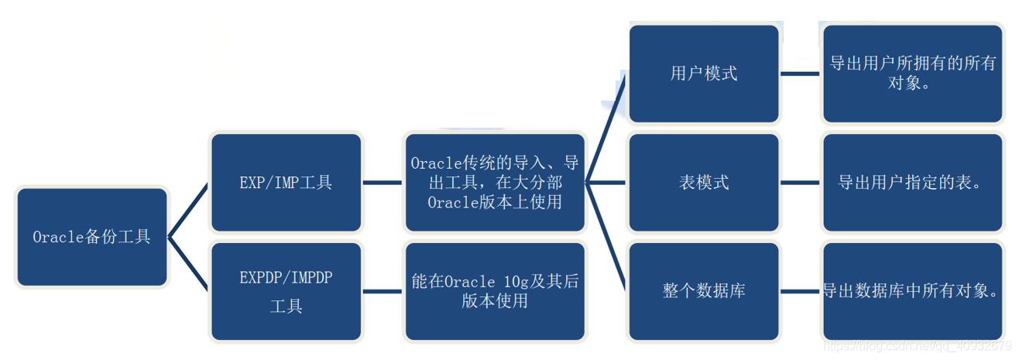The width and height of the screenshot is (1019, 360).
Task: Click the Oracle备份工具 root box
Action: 91,237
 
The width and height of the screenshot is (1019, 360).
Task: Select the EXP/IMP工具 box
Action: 286,183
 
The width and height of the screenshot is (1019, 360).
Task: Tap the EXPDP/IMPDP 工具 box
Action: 286,291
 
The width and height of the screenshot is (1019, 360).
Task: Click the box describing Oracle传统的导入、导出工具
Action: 495,183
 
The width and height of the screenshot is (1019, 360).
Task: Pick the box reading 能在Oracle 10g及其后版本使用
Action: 495,291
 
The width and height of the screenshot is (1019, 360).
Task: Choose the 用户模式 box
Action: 703,74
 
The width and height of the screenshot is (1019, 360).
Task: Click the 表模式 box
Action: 703,183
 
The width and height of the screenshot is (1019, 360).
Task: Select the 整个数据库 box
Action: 703,291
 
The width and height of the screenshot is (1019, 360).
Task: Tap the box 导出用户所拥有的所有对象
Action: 913,74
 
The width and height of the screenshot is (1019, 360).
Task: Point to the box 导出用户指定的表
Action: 913,183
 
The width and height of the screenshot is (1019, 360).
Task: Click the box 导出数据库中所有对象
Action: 913,291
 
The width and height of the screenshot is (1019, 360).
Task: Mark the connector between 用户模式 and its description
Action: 800,74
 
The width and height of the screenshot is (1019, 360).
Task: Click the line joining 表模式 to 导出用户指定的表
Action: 800,183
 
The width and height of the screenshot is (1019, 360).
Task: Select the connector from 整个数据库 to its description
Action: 800,292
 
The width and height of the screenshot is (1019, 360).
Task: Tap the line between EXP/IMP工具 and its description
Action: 383,183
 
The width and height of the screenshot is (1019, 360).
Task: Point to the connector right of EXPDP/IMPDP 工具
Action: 383,292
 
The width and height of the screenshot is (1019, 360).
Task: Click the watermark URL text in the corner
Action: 918,346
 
